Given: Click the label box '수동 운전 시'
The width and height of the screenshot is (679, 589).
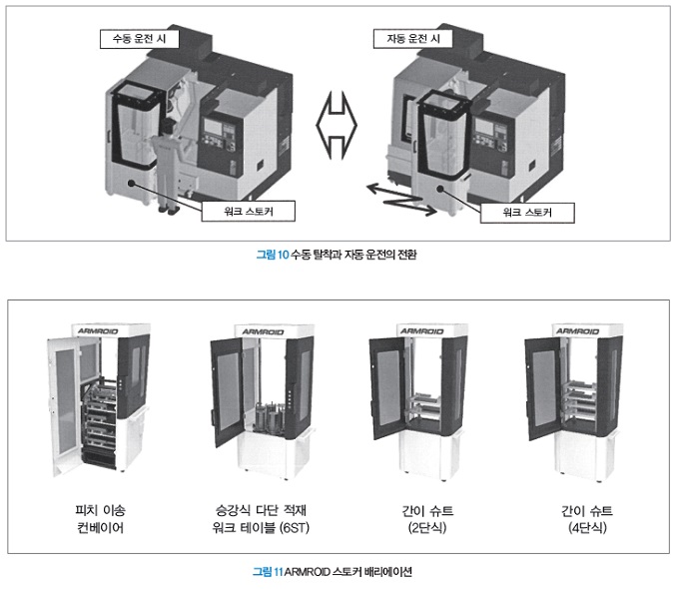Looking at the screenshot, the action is click(x=140, y=39).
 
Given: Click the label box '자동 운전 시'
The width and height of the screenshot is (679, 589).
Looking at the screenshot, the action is click(x=413, y=39).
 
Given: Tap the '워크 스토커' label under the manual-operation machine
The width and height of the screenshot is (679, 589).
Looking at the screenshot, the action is click(x=248, y=211).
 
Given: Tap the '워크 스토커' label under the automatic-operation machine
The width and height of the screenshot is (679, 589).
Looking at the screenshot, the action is click(x=527, y=213).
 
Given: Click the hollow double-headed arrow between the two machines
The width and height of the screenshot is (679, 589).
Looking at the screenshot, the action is click(x=337, y=125).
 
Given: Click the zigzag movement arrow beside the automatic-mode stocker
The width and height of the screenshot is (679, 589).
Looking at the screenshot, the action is click(x=400, y=200).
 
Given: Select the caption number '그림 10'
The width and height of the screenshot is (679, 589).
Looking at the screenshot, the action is click(x=273, y=255).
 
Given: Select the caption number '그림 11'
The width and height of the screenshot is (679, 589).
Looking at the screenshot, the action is click(x=268, y=572).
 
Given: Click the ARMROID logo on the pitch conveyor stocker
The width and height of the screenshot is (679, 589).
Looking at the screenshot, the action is click(x=98, y=331).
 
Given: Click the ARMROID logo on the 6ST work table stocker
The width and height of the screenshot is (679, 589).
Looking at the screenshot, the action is click(x=263, y=331).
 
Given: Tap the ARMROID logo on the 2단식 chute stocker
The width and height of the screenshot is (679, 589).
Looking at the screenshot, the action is click(x=422, y=331).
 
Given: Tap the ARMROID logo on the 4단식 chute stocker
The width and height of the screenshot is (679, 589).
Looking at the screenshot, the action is click(x=578, y=331).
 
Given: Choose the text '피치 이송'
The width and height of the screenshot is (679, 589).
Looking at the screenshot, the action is click(x=101, y=510).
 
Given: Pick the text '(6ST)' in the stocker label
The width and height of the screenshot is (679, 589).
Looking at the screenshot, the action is click(x=295, y=527).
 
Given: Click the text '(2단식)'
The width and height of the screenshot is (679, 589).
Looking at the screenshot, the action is click(x=427, y=527).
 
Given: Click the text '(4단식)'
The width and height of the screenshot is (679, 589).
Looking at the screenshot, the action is click(x=587, y=527).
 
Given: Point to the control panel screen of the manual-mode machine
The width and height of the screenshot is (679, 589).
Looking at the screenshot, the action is click(x=213, y=127).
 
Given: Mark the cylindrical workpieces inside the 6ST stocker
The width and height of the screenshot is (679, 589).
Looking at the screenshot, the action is click(x=270, y=419).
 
